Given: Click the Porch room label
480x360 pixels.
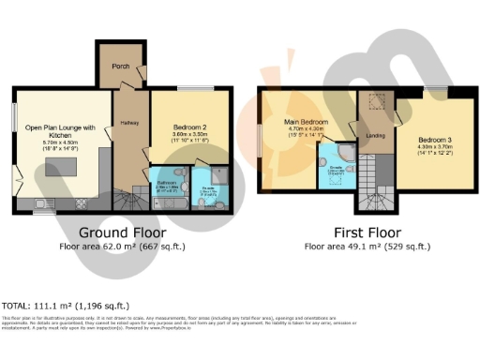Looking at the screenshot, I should tap(121, 67).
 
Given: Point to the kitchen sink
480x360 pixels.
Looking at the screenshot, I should tap(41, 202).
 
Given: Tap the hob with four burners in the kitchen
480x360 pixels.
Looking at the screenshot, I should tap(81, 202).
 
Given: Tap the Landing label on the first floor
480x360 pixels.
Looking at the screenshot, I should tap(375, 137).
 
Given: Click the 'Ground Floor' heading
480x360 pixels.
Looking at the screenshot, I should tap(122, 232).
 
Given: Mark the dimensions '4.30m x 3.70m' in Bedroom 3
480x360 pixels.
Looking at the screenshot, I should tap(433, 145).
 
